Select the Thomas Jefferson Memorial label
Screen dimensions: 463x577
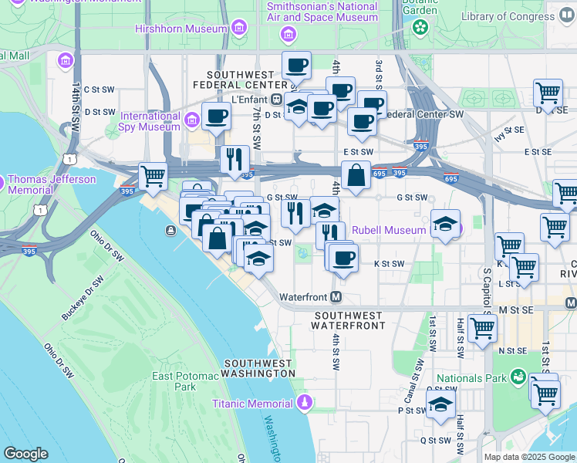(51, 184)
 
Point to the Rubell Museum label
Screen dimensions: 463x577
(389, 230)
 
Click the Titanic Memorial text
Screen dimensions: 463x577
(253, 403)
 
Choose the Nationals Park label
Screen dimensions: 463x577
(471, 378)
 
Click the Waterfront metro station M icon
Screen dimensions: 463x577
(336, 297)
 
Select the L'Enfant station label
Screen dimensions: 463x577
(249, 99)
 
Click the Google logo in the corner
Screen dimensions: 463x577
(25, 454)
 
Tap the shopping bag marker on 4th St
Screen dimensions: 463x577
(356, 176)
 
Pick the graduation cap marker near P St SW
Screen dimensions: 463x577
(440, 404)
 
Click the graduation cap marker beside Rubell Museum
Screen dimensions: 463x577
(445, 225)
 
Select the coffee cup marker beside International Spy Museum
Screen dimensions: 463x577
(216, 117)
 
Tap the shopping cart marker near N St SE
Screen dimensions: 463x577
(482, 328)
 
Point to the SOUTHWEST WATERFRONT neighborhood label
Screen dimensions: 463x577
(349, 320)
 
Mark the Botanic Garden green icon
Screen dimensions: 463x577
(420, 28)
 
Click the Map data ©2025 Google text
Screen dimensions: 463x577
(528, 457)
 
